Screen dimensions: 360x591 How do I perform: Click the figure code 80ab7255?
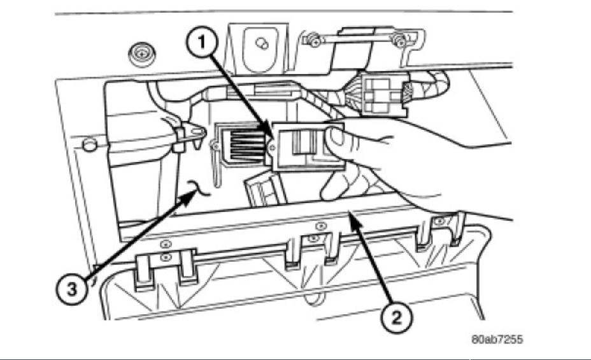point(497,340)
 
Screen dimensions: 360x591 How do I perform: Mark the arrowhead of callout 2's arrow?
point(348,217)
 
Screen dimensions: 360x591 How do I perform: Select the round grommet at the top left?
point(139,55)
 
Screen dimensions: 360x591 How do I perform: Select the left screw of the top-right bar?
point(313,41)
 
